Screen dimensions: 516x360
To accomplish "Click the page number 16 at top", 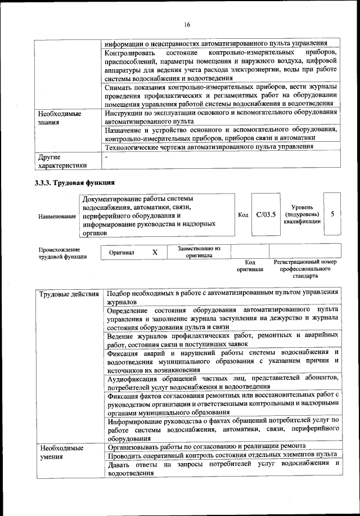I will (x=187, y=24).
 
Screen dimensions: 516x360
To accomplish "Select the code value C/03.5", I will (x=264, y=214).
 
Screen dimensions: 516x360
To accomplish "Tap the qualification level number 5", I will (x=332, y=214).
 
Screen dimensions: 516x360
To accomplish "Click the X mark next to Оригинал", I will (x=155, y=253).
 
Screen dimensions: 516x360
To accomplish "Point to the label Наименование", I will (x=57, y=216).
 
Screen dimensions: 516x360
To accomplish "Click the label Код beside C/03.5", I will (x=244, y=215).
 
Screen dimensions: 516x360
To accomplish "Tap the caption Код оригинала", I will (x=250, y=266).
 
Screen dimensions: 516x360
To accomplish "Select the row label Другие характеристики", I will (x=62, y=161).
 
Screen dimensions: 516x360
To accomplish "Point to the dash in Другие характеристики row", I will (x=106, y=158).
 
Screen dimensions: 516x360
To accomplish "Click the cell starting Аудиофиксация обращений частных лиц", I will (x=223, y=382).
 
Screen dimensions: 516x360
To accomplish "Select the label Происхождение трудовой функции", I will (x=62, y=253).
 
